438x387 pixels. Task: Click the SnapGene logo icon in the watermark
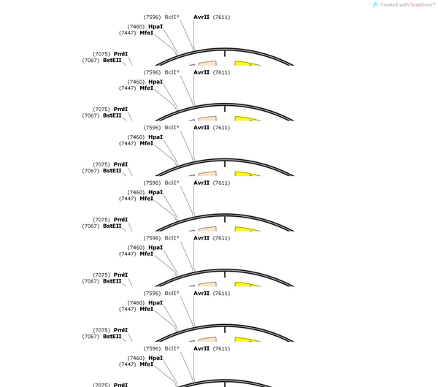tap(375, 5)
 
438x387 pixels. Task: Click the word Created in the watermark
tap(388, 5)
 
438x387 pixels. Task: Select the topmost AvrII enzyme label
tap(201, 17)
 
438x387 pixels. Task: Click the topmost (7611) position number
tap(221, 18)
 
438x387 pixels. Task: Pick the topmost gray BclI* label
tap(172, 17)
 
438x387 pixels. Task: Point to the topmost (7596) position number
tap(153, 18)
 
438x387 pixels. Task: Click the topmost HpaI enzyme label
tap(155, 26)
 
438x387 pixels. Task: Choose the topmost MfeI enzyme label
tap(147, 33)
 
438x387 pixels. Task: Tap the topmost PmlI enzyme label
tap(120, 54)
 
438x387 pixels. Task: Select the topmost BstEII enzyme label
tap(112, 60)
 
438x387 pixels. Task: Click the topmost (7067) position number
tap(91, 61)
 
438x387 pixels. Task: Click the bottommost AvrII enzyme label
tap(201, 348)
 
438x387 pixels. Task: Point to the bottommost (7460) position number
tap(136, 359)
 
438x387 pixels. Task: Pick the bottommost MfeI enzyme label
tap(147, 364)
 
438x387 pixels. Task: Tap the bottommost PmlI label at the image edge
tap(120, 385)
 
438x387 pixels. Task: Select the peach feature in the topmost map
tap(208, 64)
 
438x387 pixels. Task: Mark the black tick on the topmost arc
tap(225, 53)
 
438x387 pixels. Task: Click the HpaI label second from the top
tap(155, 82)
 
